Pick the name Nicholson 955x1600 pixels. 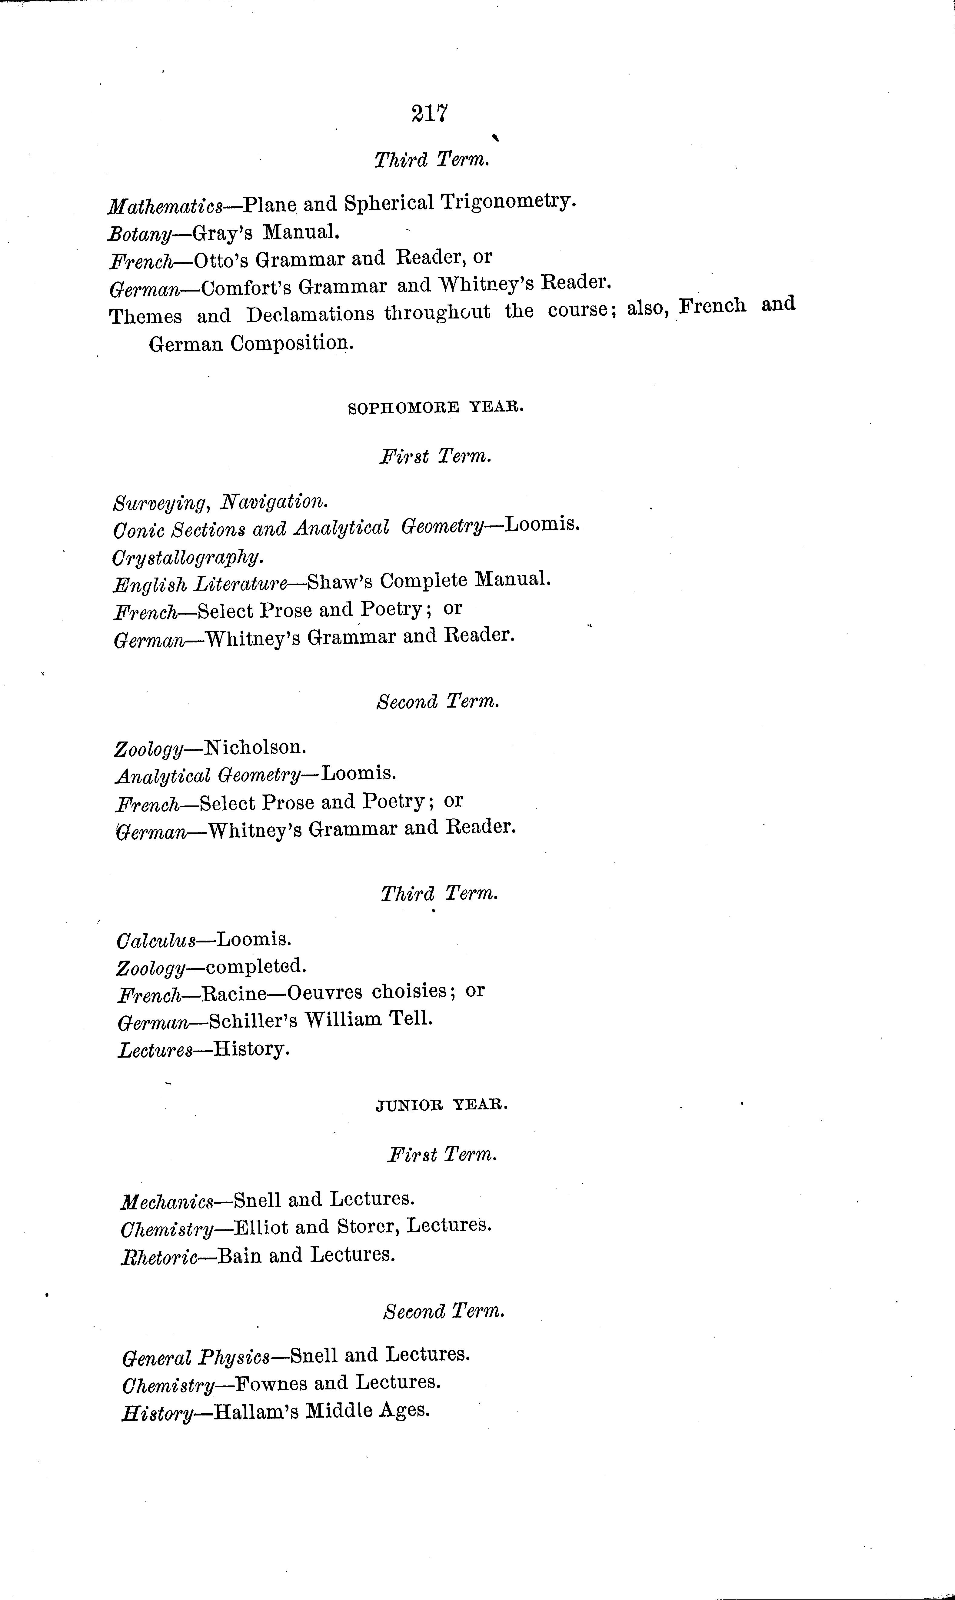(254, 747)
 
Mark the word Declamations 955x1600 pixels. (310, 314)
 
